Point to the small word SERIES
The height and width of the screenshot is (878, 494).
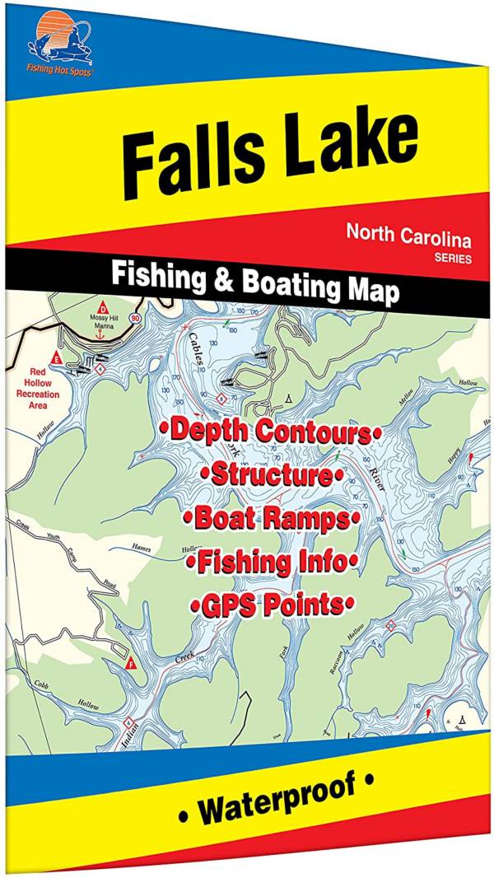pos(454,259)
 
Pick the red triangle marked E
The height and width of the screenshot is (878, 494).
pos(56,357)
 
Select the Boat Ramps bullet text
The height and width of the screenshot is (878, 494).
pos(273,519)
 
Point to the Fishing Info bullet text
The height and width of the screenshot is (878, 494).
pos(271,563)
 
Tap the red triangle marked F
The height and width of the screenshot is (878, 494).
pos(130,661)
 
